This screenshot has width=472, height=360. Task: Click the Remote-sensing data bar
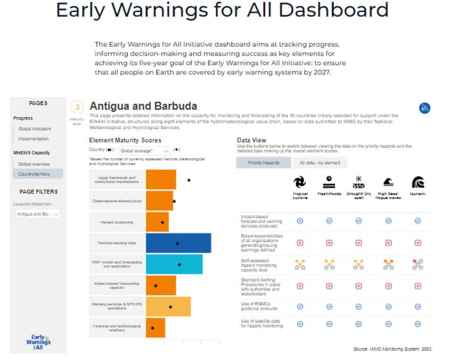(178, 243)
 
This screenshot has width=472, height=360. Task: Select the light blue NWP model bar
(174, 264)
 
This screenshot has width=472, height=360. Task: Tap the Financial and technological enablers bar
(155, 328)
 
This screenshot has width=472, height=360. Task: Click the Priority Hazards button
(263, 163)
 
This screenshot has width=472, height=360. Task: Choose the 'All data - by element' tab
(317, 163)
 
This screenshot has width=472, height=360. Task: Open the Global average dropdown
(144, 151)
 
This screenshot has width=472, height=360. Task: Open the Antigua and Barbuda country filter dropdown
(37, 214)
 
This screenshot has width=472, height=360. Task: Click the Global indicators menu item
(35, 129)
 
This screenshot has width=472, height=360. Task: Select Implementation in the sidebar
(34, 139)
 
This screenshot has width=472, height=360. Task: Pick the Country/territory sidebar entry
(34, 174)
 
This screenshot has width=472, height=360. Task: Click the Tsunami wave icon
(418, 182)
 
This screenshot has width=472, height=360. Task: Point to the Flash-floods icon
(329, 182)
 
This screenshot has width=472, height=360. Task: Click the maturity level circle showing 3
(77, 107)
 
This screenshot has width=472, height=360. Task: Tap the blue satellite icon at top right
(425, 108)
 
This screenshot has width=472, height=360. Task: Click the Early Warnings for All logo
(38, 342)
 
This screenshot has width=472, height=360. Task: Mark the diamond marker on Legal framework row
(189, 180)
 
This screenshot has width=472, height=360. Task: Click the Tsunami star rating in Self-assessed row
(418, 264)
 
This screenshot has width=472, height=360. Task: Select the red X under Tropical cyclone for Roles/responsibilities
(300, 243)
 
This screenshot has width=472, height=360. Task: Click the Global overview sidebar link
(34, 164)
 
